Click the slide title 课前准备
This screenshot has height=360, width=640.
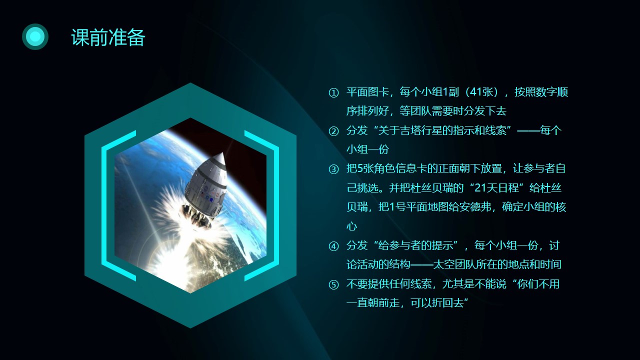tap(108, 37)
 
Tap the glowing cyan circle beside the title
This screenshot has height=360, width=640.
tap(35, 36)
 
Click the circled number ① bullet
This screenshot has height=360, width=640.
tap(333, 92)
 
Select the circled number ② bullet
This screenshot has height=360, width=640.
tap(333, 131)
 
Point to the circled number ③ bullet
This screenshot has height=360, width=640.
tap(333, 169)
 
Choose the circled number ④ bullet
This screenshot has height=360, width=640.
tap(333, 246)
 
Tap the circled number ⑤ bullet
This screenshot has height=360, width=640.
tap(333, 284)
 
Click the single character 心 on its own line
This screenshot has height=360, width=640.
tap(351, 226)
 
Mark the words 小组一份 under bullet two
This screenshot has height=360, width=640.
tap(367, 149)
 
